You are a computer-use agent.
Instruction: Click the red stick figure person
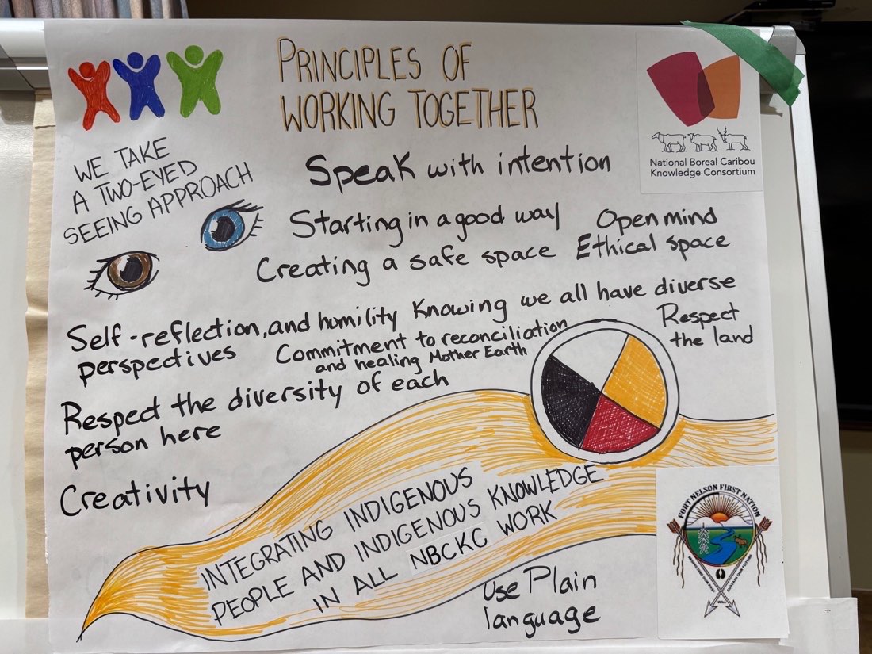(93, 94)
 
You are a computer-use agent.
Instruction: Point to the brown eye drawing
(124, 273)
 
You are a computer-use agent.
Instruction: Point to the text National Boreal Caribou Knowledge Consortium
(702, 166)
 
